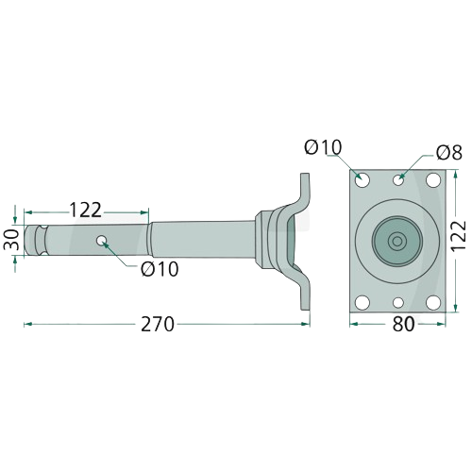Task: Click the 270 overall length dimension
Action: pos(158,324)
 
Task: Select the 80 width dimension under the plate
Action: pos(403,324)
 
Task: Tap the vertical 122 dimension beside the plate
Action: pos(458,236)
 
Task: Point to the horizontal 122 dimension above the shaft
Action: pos(85,211)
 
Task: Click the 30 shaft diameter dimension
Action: pos(11,240)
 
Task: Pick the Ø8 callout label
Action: pos(449,152)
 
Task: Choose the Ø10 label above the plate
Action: pos(323,147)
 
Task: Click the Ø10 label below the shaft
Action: pos(160,269)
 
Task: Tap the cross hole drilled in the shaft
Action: pos(101,241)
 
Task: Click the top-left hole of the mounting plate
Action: pos(362,180)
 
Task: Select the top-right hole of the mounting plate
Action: pos(433,180)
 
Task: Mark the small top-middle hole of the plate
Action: pos(398,180)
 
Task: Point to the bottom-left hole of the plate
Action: pos(362,302)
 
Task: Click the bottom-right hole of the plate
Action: pos(433,302)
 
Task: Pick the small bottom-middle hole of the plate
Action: pos(398,303)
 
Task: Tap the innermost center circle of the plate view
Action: pos(397,242)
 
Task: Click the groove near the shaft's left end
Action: pos(42,240)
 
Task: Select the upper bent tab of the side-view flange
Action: pos(303,192)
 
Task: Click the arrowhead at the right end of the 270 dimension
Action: pos(306,324)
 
